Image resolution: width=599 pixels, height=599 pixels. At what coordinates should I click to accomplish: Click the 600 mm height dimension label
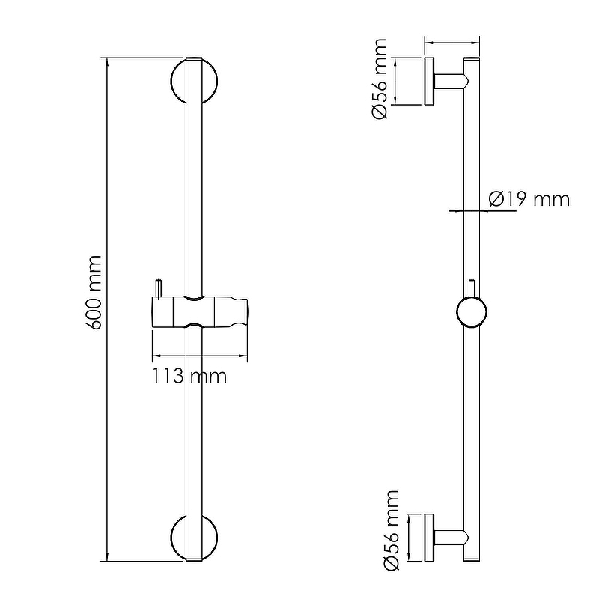pos(94,293)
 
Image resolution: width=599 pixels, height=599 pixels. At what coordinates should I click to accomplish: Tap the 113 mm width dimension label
pos(189,376)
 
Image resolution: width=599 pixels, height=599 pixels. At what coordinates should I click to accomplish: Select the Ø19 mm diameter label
pos(529,199)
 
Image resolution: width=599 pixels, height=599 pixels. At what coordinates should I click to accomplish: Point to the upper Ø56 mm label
pos(379,79)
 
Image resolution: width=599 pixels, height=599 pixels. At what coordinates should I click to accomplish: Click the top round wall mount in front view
pos(171,82)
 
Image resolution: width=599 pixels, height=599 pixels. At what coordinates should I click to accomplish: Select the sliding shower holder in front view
pos(200,311)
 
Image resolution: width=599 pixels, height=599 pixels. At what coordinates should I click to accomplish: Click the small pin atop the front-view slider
pos(158,288)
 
